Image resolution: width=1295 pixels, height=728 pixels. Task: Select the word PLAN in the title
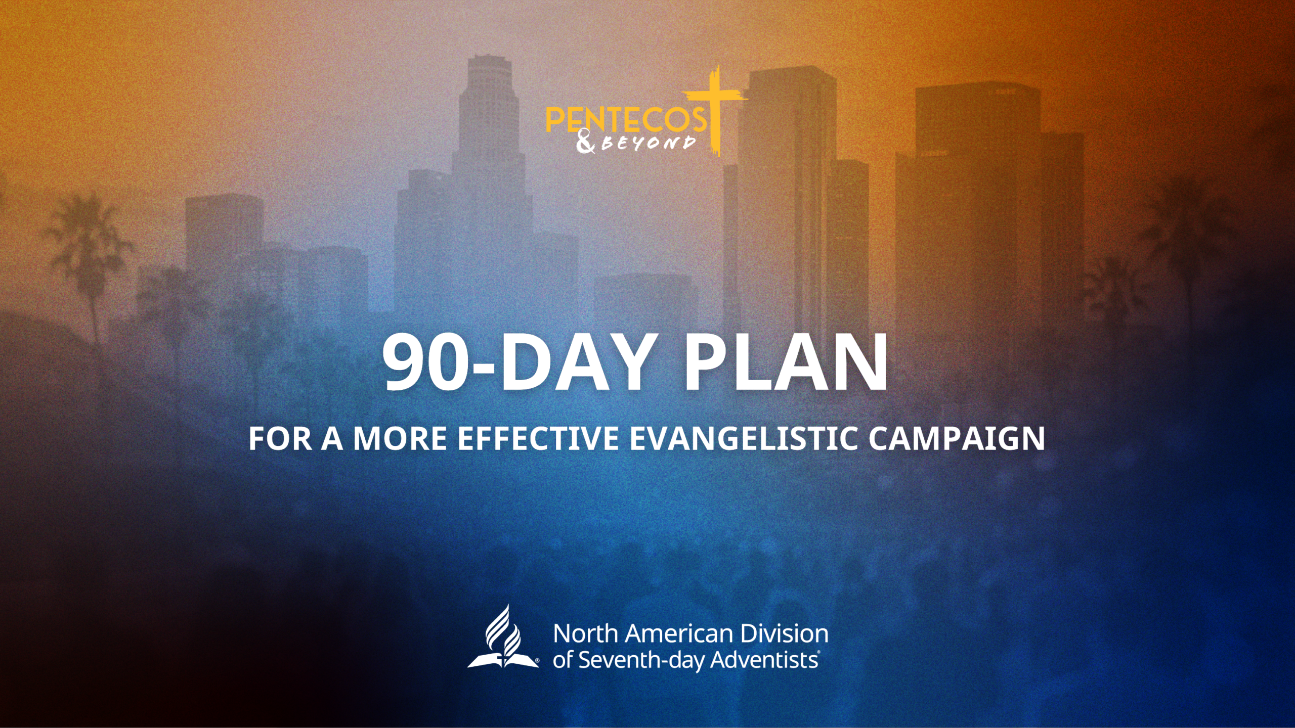786,363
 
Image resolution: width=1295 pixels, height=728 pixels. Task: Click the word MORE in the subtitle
400,438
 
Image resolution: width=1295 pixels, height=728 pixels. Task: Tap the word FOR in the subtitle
280,438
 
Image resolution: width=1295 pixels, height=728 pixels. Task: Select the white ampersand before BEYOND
586,143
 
